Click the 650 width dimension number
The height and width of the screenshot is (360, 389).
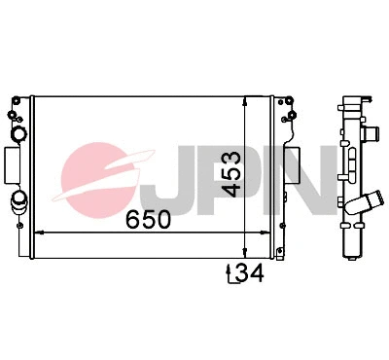[148, 220]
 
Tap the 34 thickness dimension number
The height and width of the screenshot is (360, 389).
[251, 274]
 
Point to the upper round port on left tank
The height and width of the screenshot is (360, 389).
[18, 133]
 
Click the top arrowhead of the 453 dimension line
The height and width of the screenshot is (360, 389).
[244, 98]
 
